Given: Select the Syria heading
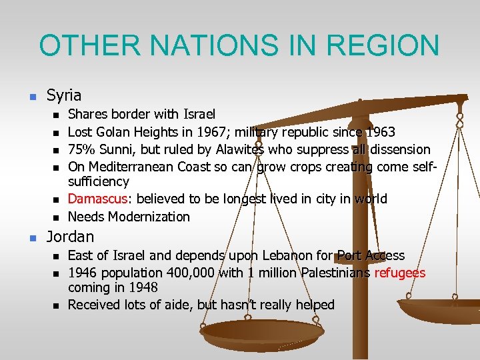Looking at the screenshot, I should tap(64, 95).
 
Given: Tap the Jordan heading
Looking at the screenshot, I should tap(70, 236).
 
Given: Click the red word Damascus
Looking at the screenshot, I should tap(97, 199).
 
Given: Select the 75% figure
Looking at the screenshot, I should tap(82, 149).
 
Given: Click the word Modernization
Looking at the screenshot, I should tap(149, 217).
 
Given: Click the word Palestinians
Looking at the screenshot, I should tap(336, 273).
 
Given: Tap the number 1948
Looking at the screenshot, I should tap(143, 287).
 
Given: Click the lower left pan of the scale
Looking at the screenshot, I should tap(261, 331).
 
